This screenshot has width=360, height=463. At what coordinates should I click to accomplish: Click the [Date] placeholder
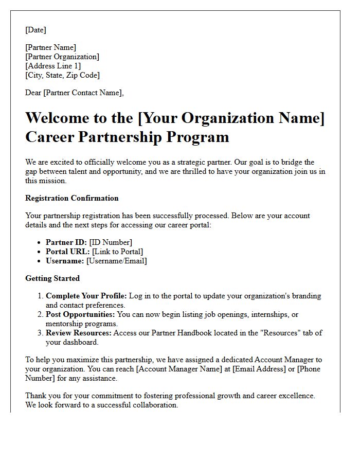[x=35, y=30]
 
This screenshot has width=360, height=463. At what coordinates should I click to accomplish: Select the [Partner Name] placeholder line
[x=50, y=47]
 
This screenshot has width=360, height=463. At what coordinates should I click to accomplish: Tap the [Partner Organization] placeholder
[x=62, y=57]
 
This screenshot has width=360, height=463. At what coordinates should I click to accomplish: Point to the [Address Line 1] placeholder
[x=53, y=66]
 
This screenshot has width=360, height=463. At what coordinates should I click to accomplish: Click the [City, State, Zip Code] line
[x=62, y=75]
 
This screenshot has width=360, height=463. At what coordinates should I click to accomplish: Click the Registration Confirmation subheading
[x=72, y=198]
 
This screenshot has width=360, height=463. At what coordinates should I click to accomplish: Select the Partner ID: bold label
[x=66, y=242]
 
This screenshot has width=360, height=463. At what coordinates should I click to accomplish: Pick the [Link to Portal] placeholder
[x=117, y=252]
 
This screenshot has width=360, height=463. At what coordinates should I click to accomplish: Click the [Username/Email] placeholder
[x=117, y=261]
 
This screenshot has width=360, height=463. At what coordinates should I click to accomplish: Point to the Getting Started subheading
[x=52, y=278]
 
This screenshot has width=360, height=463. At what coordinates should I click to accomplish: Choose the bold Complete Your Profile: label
[x=86, y=296]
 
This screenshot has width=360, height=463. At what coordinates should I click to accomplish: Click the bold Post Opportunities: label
[x=80, y=314]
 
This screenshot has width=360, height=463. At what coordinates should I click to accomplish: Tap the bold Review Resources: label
[x=79, y=333]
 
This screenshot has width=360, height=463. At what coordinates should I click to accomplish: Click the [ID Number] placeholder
[x=111, y=242]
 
